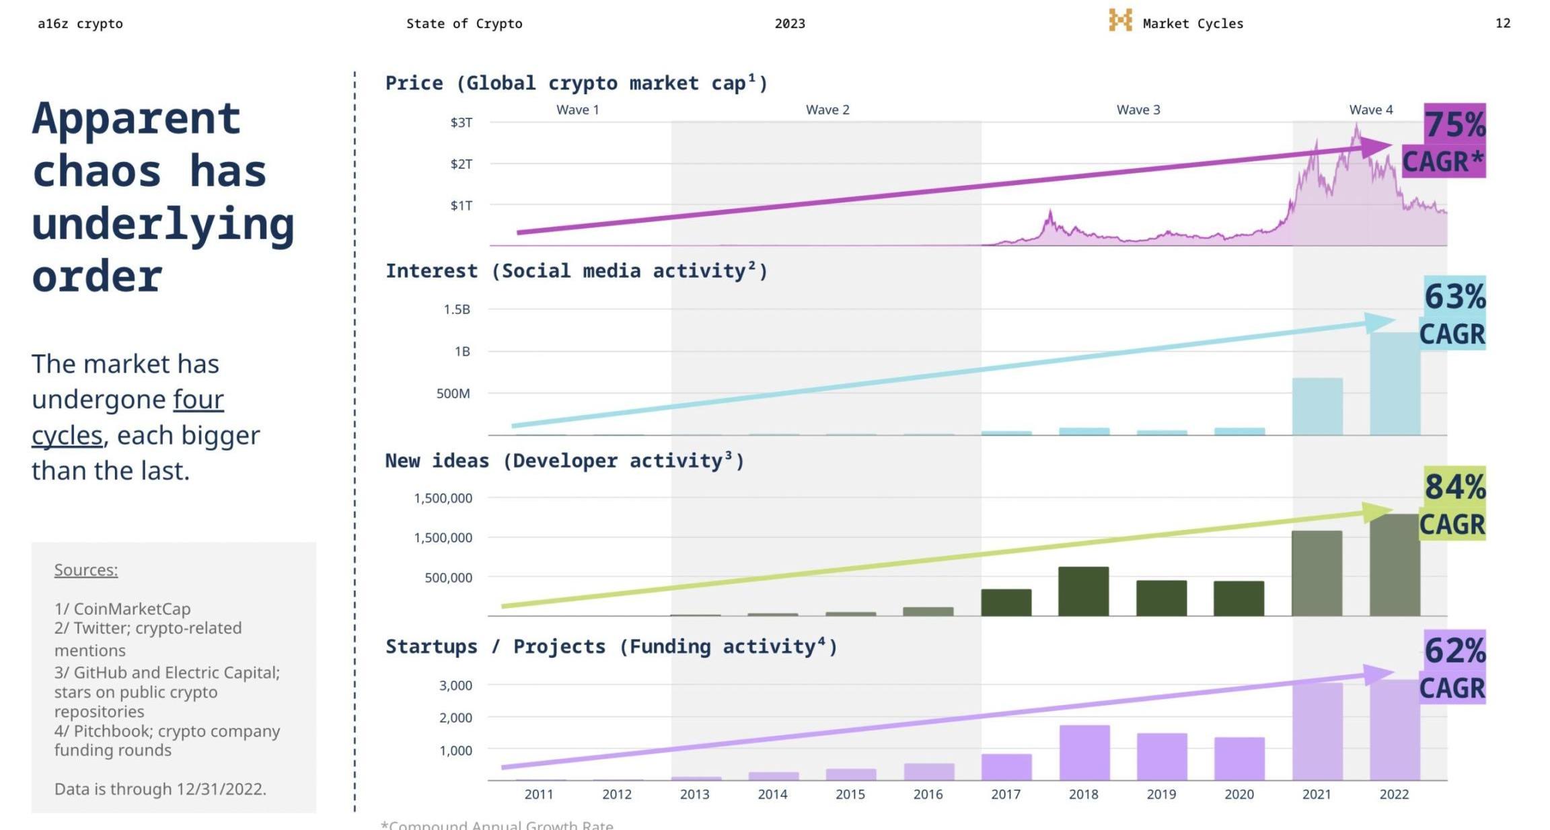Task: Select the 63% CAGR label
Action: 1453,313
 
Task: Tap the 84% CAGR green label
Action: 1453,504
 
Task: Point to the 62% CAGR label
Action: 1453,667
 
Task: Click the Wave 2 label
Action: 827,110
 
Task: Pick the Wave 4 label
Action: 1370,110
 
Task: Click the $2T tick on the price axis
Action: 462,164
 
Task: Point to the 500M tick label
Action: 453,393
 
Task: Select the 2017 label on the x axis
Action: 1006,794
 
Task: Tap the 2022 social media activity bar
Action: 1395,383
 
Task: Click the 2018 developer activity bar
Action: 1083,591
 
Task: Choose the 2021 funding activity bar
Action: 1317,732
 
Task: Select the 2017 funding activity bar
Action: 1006,767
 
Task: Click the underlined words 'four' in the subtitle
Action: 198,400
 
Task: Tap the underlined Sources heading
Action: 86,570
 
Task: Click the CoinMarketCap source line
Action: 122,609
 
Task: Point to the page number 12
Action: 1502,24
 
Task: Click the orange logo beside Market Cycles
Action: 1120,20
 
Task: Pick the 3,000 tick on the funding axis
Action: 455,685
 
